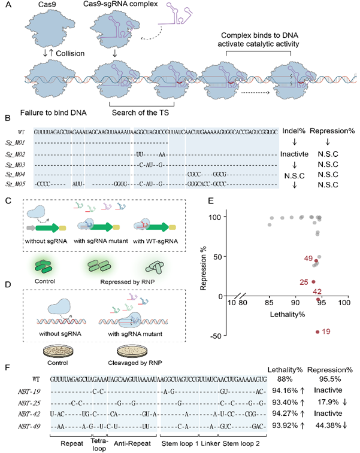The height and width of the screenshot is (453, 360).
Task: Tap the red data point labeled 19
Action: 316,331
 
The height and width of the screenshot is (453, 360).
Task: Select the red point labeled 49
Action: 316,261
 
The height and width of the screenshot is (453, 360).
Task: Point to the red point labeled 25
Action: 313,282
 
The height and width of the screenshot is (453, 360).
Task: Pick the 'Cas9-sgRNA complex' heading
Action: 117,6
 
